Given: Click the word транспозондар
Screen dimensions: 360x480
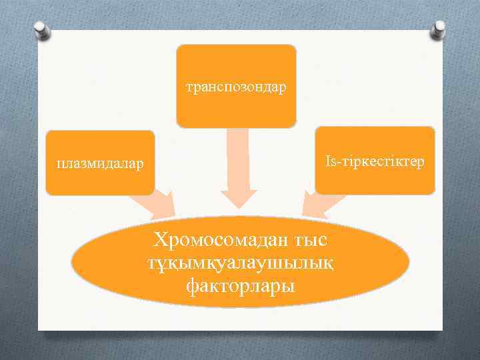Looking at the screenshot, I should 236,87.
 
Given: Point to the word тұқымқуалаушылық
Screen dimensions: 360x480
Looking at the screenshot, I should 240,263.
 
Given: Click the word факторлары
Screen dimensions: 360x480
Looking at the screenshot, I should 240,285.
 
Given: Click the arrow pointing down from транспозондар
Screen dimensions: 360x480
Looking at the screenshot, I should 237,167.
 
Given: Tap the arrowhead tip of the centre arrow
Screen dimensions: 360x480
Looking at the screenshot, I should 238,207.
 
